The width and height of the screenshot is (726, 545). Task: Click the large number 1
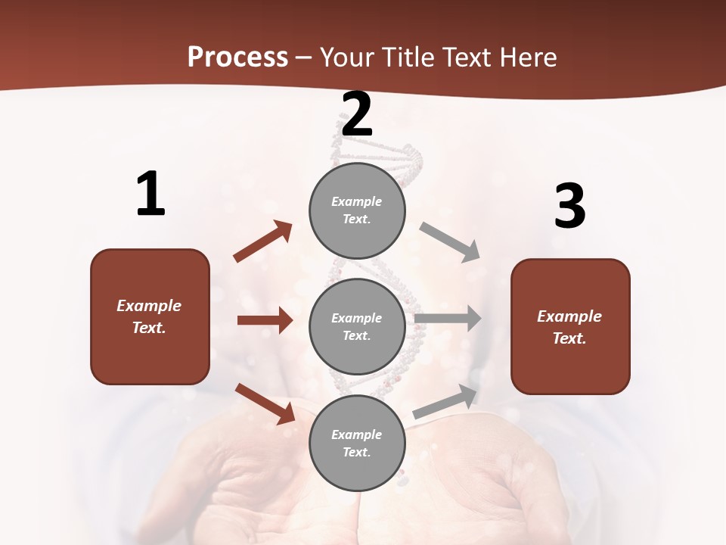[150, 195]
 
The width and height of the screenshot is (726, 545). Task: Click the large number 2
[357, 114]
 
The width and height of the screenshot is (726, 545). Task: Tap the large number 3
[569, 207]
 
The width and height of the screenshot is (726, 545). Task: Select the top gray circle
[357, 210]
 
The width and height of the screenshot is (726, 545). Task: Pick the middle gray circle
[357, 326]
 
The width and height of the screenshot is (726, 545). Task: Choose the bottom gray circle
[357, 443]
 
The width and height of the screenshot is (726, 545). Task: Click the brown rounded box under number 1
[150, 316]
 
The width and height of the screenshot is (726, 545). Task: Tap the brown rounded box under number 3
[570, 326]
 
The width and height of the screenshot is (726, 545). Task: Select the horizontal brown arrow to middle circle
[265, 320]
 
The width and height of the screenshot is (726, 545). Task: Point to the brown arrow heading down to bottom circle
[265, 403]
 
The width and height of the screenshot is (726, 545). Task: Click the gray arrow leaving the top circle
[450, 241]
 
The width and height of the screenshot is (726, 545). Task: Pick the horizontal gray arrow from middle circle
[448, 319]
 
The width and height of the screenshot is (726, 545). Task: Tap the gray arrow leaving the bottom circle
[445, 401]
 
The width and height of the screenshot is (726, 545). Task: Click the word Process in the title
[237, 57]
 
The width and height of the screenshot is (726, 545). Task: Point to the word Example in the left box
[149, 306]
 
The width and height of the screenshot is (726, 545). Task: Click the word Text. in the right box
[569, 338]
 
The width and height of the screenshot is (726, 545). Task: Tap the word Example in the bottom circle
[356, 434]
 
